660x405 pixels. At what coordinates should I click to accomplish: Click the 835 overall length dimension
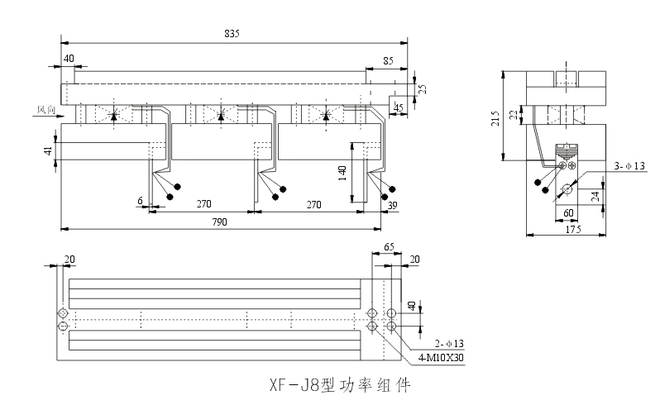(x=232, y=32)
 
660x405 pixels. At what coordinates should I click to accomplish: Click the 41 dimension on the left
(x=48, y=150)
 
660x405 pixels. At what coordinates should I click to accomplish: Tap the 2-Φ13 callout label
(x=446, y=341)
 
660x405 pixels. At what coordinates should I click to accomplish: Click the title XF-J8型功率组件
(x=339, y=384)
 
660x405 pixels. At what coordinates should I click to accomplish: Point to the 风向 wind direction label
(x=45, y=109)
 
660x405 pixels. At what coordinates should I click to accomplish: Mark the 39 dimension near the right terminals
(x=391, y=205)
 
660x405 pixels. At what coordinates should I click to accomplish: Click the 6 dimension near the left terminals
(x=141, y=201)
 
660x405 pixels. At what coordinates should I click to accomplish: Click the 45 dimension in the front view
(x=399, y=107)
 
